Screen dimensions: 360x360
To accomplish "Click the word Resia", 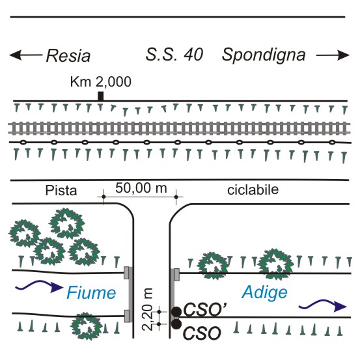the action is point(68,56).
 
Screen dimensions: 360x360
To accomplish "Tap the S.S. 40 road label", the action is point(174,55).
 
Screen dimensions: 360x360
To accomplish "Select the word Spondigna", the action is point(264,56).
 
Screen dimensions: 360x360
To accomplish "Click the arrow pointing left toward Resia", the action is point(26,55).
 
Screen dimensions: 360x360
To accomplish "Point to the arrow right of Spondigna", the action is point(333,55).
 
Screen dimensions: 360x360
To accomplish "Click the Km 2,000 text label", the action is point(100,82).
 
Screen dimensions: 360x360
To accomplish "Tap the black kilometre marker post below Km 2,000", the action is point(100,96).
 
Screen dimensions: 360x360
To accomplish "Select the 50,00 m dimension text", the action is point(141,188).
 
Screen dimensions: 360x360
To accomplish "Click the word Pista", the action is point(61,191).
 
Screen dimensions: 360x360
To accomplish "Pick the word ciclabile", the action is point(253,190).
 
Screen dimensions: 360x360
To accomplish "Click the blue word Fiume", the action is point(91,292).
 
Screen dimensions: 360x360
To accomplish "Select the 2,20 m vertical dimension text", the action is point(147,309).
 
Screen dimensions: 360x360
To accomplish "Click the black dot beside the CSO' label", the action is point(176,312).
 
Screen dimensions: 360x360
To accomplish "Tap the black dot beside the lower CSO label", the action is point(176,324).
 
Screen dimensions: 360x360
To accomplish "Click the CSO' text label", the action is point(206,309).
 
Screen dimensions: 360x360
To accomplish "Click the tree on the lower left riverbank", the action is point(87,326).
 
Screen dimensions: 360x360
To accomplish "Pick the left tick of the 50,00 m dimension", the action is point(104,197).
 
